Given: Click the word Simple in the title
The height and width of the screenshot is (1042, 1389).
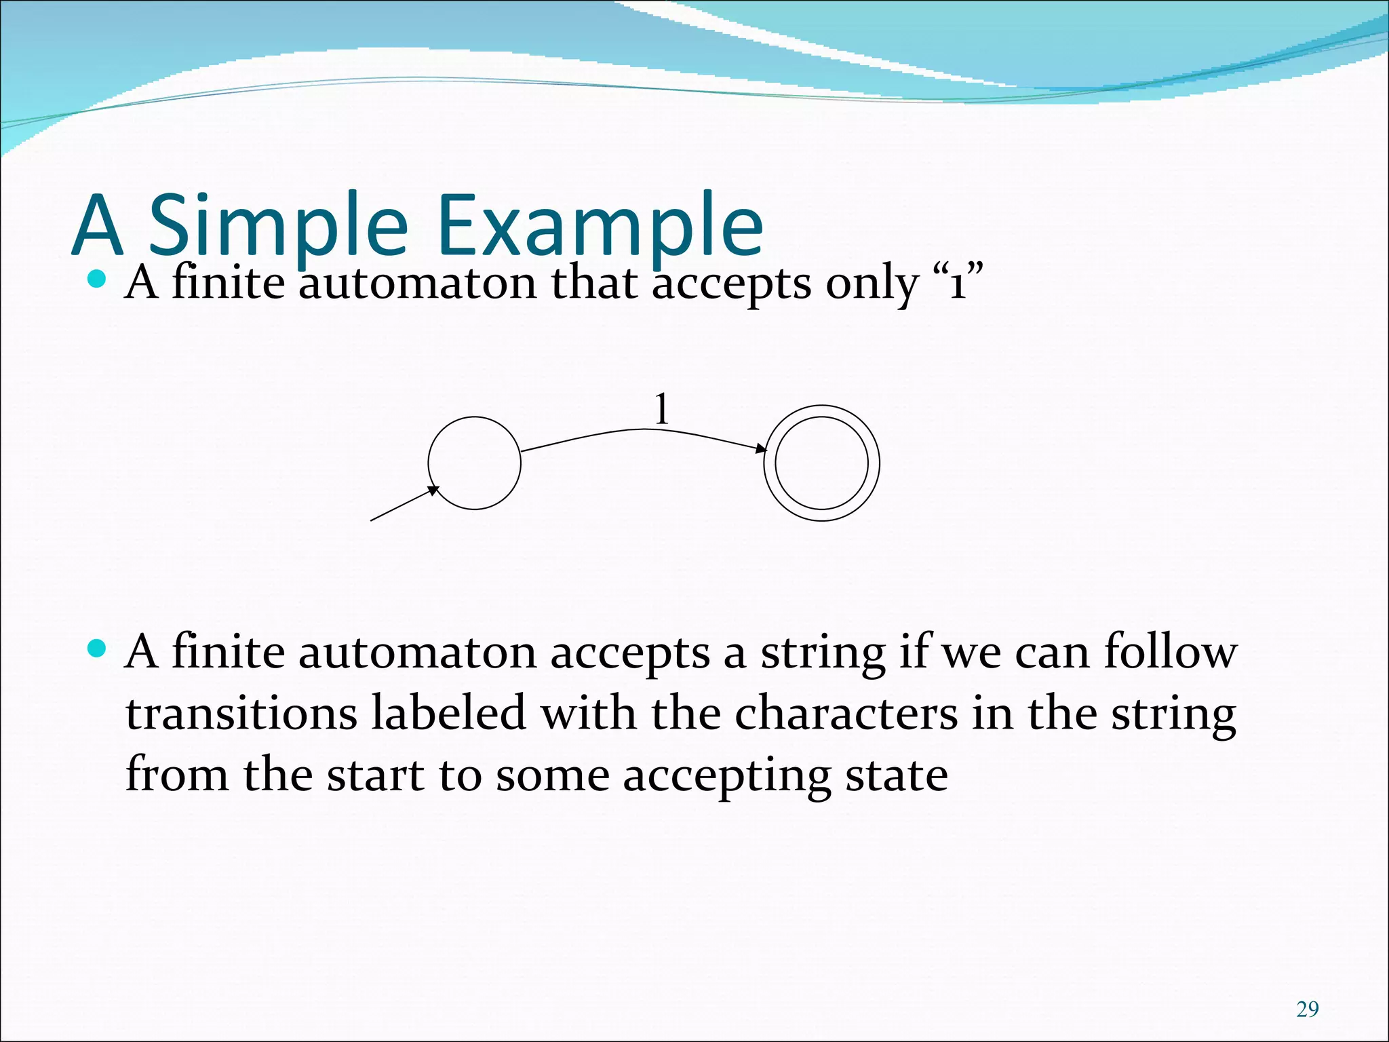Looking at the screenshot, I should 278,225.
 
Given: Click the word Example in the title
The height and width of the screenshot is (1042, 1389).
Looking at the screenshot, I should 600,225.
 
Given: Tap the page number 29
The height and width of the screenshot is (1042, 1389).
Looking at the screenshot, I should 1307,1009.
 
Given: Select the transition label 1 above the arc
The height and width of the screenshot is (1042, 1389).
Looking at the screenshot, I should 661,410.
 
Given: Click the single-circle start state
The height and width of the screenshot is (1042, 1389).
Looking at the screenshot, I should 474,463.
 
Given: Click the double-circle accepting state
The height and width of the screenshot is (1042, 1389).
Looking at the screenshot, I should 821,463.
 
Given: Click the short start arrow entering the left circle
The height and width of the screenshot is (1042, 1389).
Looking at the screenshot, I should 404,504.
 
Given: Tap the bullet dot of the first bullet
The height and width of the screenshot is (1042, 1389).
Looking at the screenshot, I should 98,279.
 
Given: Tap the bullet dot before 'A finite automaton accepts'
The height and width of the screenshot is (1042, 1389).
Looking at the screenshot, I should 98,649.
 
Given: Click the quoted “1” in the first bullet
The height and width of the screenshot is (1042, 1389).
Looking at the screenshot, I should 958,284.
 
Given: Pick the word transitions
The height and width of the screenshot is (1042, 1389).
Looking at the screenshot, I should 241,714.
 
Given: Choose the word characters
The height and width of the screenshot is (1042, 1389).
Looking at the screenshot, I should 846,714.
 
